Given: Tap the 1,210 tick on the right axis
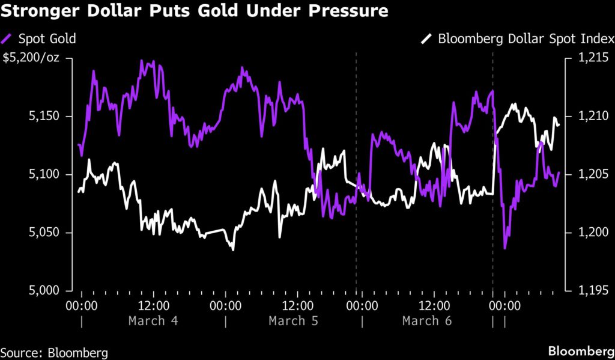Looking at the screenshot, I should (x=589, y=116).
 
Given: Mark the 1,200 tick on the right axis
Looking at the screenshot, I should (x=589, y=233).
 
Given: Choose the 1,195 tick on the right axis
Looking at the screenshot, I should (x=589, y=291).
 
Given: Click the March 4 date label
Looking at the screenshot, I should (x=153, y=320).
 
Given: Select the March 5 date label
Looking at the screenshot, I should (x=294, y=320).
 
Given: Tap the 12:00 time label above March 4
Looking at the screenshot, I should (x=154, y=305).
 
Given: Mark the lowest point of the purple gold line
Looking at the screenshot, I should (x=504, y=248).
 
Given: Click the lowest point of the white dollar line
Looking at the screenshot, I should (x=232, y=249).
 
